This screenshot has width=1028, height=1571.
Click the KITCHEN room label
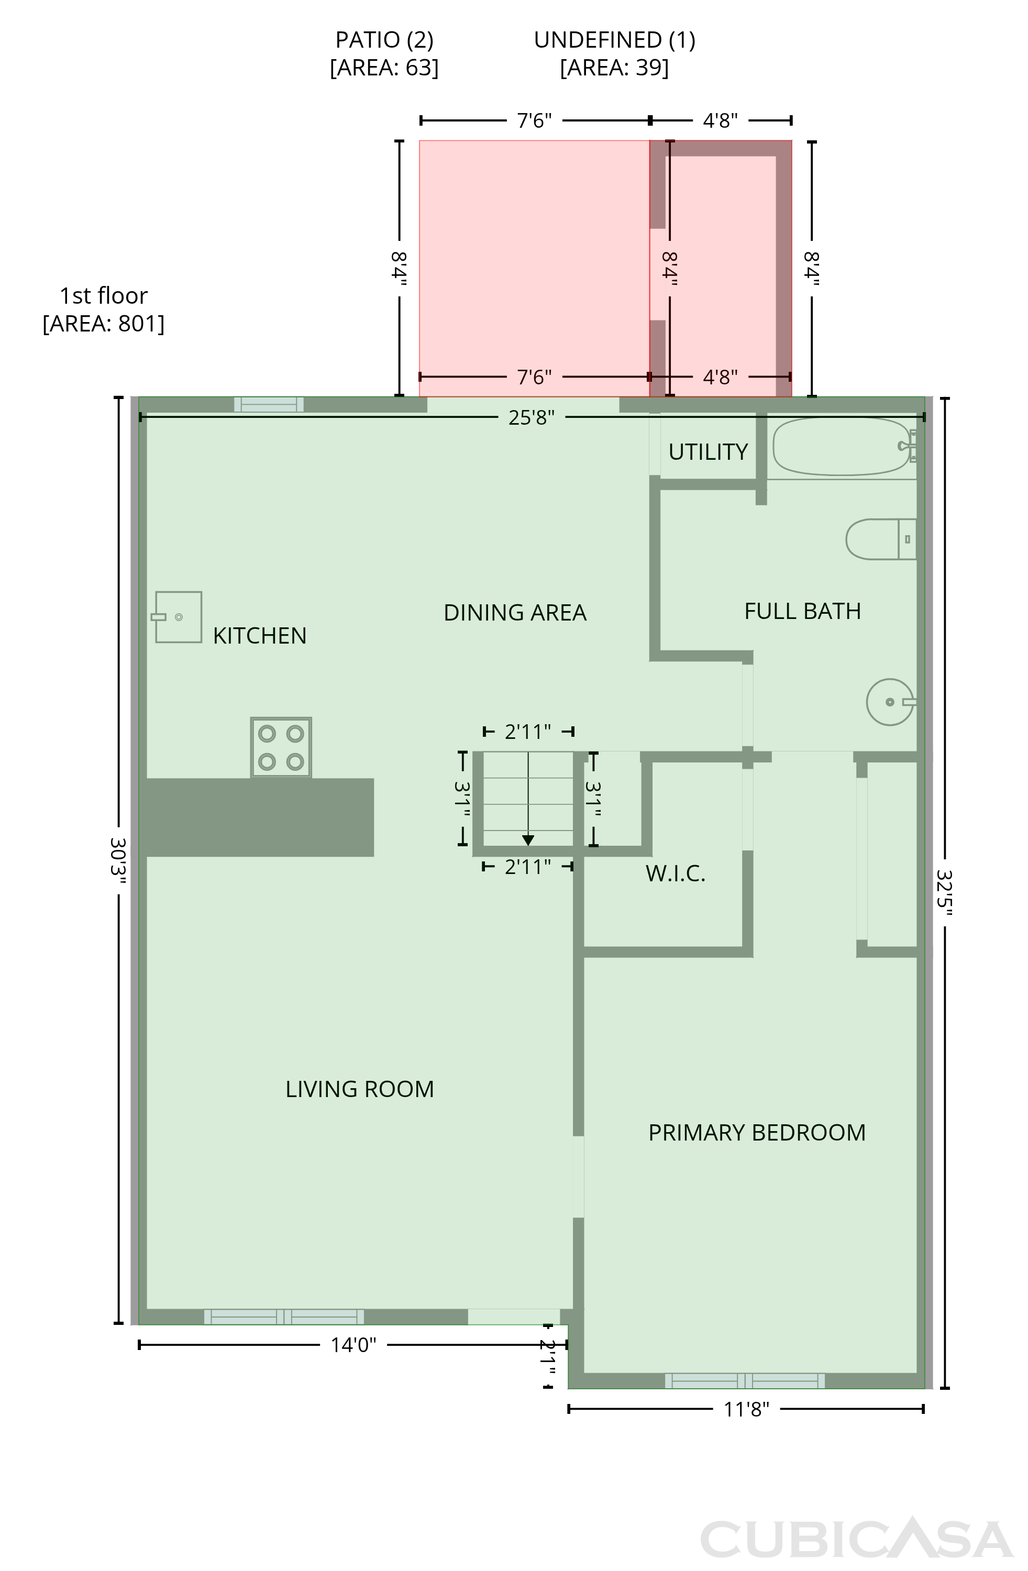point(259,636)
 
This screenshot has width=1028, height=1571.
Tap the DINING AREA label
point(515,613)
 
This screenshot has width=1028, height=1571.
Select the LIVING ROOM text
point(360,1089)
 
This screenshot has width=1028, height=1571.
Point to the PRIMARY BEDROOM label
point(757,1133)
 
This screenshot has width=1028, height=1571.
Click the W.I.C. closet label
point(676,873)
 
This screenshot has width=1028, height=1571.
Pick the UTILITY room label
point(708,451)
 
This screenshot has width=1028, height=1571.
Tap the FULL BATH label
point(802,611)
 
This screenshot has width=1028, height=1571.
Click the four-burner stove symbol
point(281,747)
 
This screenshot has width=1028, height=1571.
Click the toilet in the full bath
point(881,539)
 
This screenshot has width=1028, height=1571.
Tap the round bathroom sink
point(891,702)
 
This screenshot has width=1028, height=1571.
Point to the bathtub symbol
point(845,446)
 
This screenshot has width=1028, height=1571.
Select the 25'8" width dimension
point(532,418)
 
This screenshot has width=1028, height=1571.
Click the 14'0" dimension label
point(353,1345)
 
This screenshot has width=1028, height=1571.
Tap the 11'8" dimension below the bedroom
point(747,1409)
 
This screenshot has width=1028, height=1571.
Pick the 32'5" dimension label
point(945,892)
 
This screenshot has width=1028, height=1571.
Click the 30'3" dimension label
point(119,861)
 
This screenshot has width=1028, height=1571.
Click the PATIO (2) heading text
point(384,40)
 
